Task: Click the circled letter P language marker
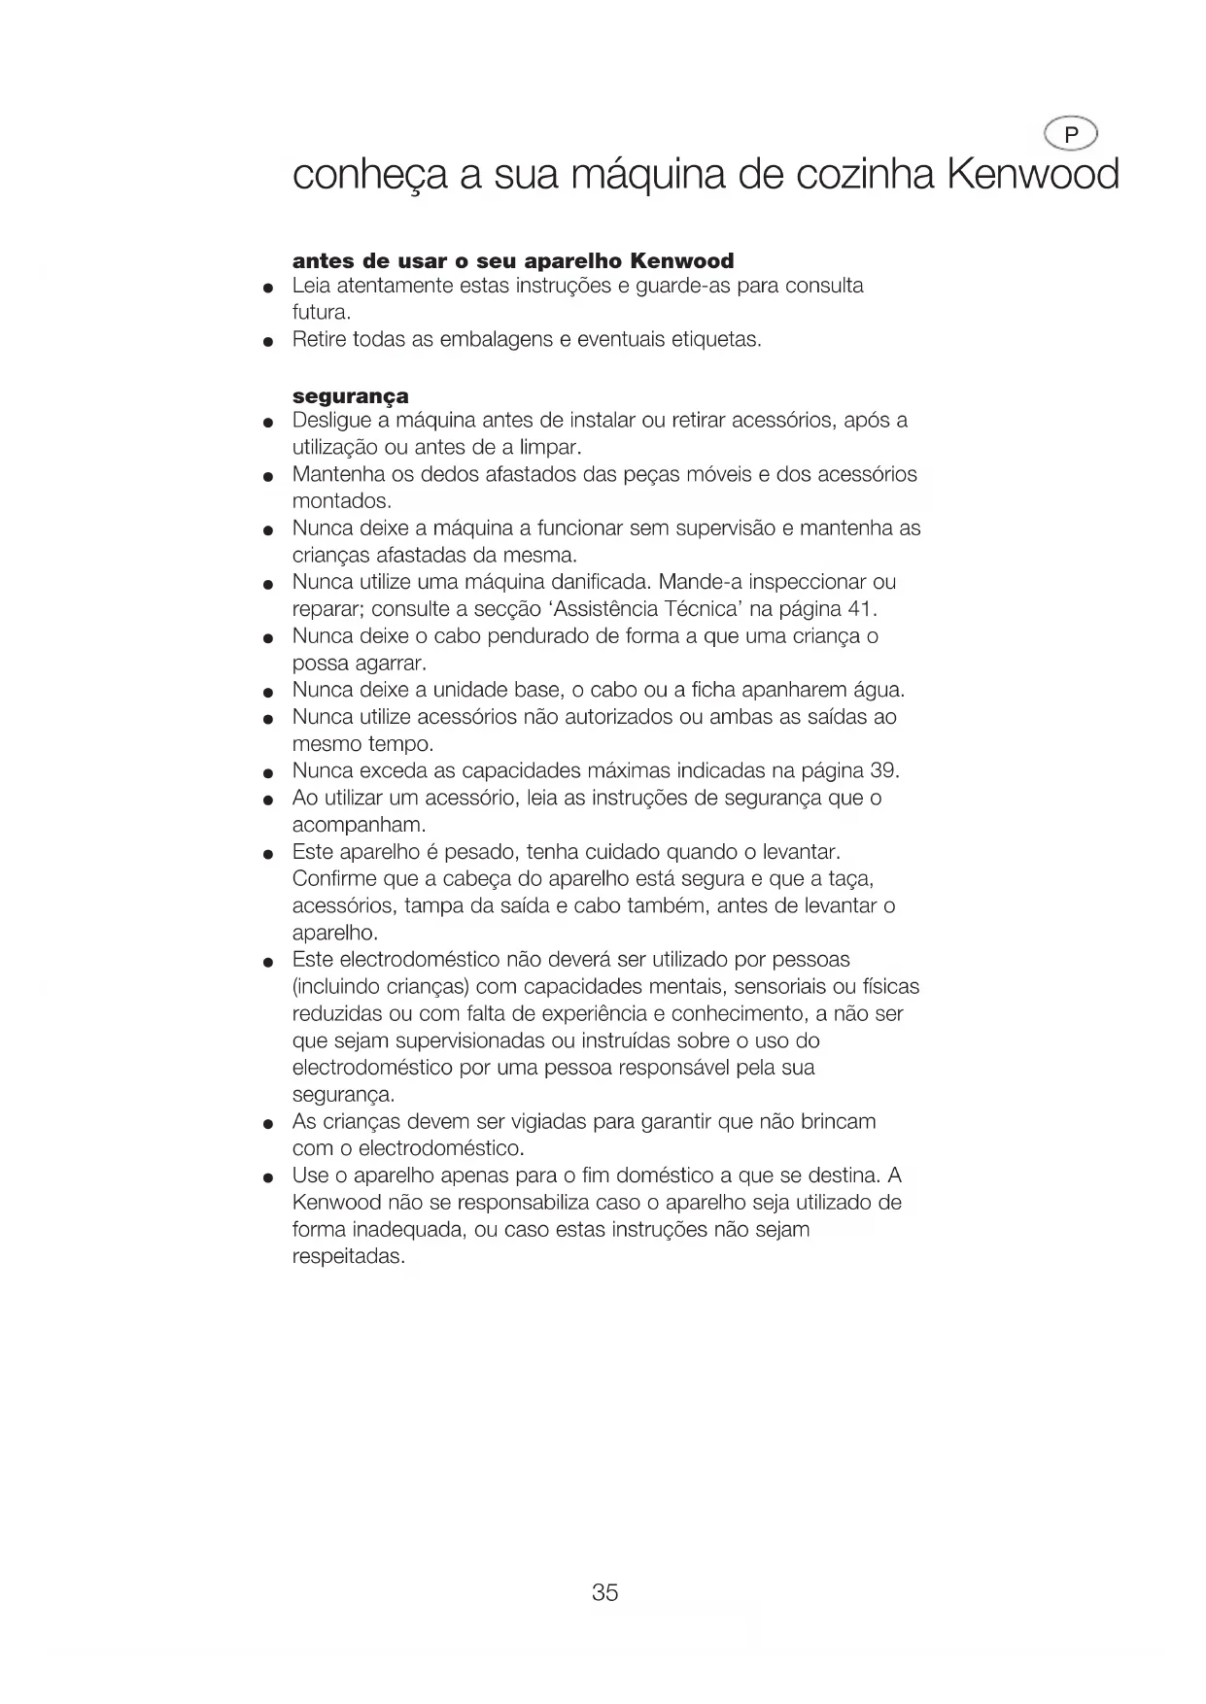coord(1070,136)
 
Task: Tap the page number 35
coord(604,1592)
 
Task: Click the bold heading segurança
coord(351,396)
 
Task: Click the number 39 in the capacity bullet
coord(883,771)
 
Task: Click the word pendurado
coord(531,636)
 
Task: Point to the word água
coord(878,690)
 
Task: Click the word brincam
coord(838,1122)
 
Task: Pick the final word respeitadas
coord(348,1257)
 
